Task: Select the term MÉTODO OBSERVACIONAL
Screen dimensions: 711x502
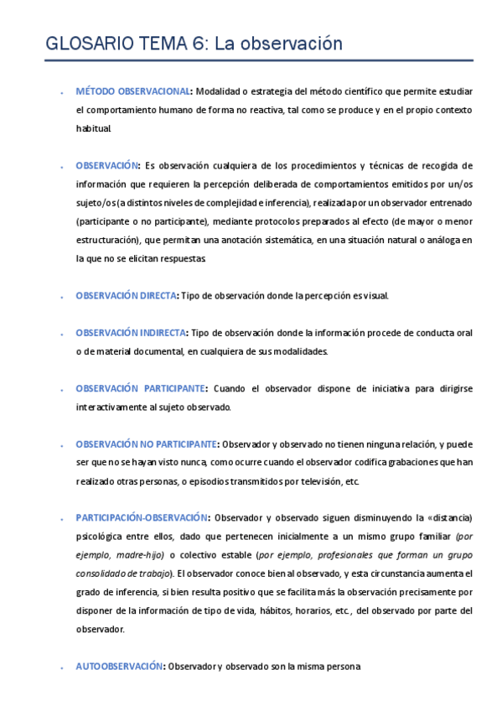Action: click(x=132, y=91)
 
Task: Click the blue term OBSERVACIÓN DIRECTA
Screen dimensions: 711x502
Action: click(x=127, y=296)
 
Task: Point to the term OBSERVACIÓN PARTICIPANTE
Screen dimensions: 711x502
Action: click(x=141, y=389)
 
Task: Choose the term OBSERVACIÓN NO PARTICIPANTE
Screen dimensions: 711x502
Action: click(x=147, y=444)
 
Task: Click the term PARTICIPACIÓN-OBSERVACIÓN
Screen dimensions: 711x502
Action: click(x=143, y=517)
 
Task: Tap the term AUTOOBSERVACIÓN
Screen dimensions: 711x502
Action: click(x=118, y=666)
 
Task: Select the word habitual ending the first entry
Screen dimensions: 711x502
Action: click(x=92, y=129)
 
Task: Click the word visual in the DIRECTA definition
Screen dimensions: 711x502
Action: click(x=375, y=296)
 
